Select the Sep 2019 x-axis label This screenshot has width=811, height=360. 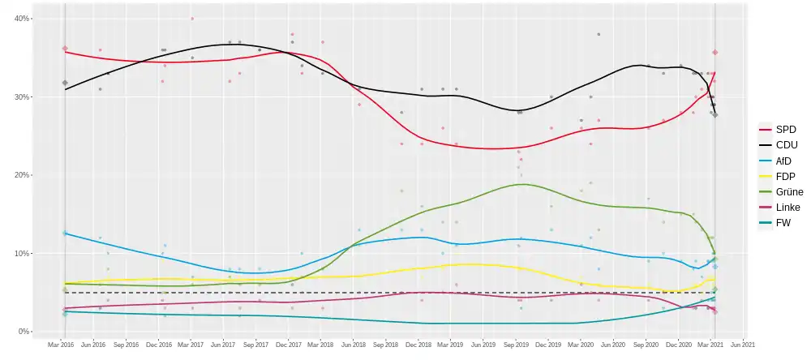tap(516, 345)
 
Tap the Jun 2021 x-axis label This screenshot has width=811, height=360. tap(743, 345)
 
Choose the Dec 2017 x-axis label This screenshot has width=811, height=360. tap(288, 345)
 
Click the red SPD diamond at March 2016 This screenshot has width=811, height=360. tap(65, 49)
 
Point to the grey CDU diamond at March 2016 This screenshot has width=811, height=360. tap(65, 83)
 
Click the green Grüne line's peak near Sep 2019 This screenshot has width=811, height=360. tap(526, 184)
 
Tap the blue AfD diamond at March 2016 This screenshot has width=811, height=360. tap(65, 233)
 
